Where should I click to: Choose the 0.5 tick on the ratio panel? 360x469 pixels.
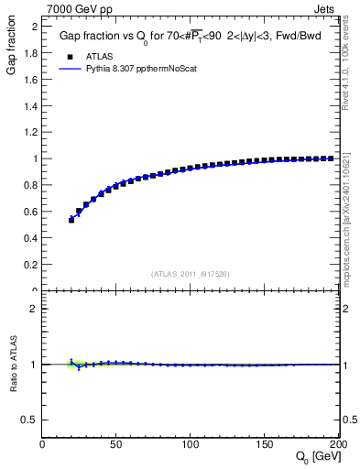(29, 420)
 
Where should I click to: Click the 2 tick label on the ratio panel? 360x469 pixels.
(33, 309)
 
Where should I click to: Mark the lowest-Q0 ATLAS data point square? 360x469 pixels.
(71, 220)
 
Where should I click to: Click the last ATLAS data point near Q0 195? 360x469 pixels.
(331, 158)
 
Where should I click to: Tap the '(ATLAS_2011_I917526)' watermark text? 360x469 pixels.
(190, 273)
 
